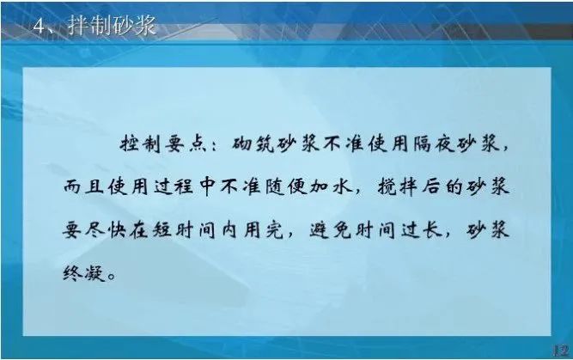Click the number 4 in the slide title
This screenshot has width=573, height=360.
[40, 27]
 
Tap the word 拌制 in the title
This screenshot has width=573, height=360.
[90, 26]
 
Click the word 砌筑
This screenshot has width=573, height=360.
[253, 144]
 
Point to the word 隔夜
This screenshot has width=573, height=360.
[434, 144]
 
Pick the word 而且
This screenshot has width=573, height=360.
[83, 187]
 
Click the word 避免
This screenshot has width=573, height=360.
[331, 230]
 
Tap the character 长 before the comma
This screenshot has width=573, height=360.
[432, 230]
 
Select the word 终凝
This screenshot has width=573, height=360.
[84, 272]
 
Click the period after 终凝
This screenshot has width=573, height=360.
[112, 277]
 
